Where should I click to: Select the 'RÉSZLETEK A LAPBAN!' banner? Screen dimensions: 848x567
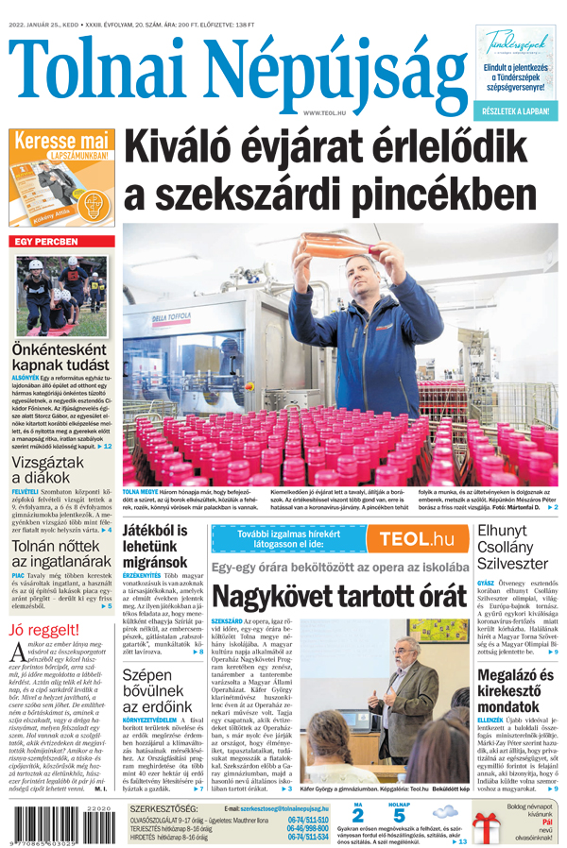[518, 111]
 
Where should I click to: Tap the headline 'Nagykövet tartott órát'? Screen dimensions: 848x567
[339, 597]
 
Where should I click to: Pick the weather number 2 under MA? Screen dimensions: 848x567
[357, 815]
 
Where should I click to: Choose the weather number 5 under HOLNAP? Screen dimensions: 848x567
[399, 815]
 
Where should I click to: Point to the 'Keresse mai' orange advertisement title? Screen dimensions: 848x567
[60, 140]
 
